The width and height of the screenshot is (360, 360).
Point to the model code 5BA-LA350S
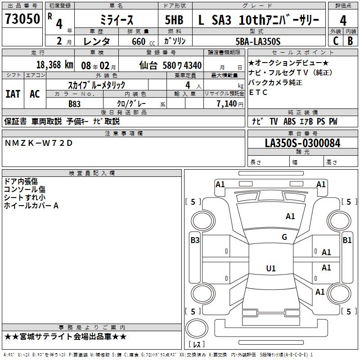click(258, 41)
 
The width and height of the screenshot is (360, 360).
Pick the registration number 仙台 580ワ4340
click(171, 65)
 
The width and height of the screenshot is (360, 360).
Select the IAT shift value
click(13, 94)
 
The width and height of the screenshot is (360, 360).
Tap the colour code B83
click(75, 104)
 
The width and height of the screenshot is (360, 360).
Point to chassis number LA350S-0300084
click(302, 143)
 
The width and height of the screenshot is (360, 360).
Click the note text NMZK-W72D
click(38, 143)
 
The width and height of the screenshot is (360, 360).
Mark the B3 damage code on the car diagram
click(195, 240)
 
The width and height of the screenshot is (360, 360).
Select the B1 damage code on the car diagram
click(347, 240)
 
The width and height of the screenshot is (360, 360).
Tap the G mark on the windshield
click(284, 237)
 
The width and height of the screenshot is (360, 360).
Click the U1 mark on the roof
click(271, 269)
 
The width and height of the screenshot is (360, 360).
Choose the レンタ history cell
click(98, 41)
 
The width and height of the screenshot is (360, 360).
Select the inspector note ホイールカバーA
click(31, 206)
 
